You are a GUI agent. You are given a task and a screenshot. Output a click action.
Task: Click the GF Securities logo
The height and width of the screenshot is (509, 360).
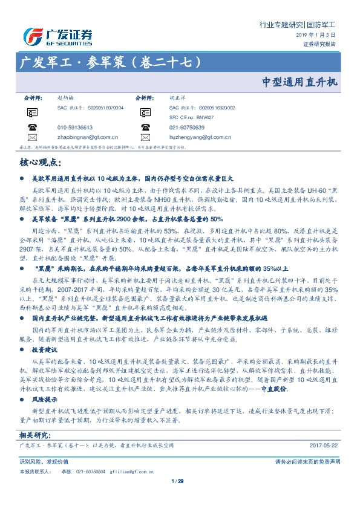(x=57, y=36)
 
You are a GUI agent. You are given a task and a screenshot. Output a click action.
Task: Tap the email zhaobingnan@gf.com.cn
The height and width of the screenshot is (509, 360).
(x=83, y=137)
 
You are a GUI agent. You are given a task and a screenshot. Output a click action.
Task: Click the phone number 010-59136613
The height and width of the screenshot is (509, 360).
(x=75, y=128)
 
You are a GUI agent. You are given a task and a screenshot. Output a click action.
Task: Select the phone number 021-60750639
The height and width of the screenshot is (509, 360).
(x=187, y=128)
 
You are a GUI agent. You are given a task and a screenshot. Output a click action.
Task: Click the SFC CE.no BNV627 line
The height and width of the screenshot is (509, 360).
(x=192, y=117)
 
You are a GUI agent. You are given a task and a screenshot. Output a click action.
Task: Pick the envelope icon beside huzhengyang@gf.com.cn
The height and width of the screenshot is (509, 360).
(x=145, y=137)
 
